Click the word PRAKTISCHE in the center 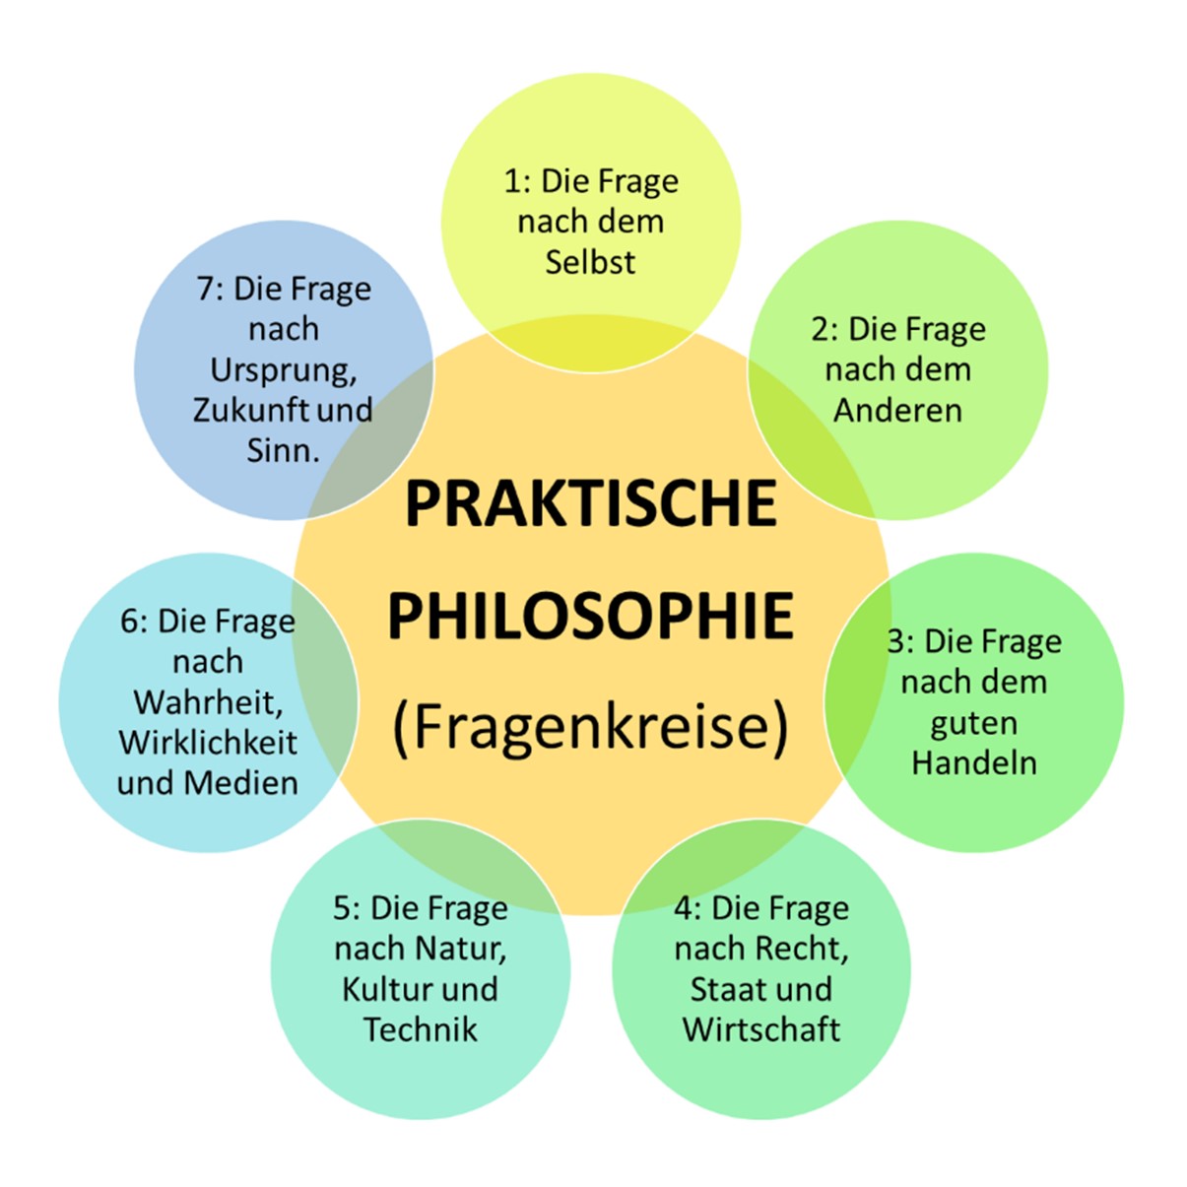(x=591, y=503)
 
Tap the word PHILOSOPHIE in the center (x=591, y=617)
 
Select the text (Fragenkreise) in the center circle (x=591, y=728)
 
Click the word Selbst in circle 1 (x=590, y=262)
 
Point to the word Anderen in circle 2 (x=897, y=410)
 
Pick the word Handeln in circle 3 (x=973, y=762)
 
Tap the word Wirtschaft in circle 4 (x=761, y=1029)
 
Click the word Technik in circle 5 (x=421, y=1029)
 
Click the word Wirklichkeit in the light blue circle (x=208, y=743)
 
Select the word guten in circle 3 (x=973, y=724)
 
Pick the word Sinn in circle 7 (x=282, y=450)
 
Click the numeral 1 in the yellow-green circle (x=512, y=181)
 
